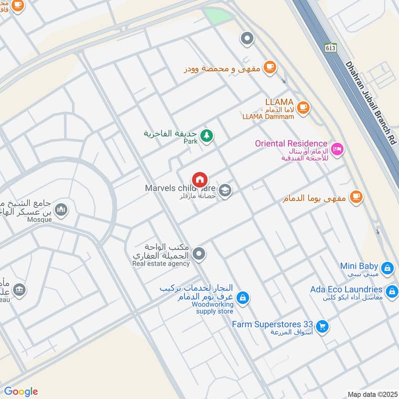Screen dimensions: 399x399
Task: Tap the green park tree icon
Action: pyautogui.click(x=206, y=135)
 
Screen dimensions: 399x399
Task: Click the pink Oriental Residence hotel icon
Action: pyautogui.click(x=337, y=149)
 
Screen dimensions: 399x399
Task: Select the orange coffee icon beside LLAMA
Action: pyautogui.click(x=303, y=106)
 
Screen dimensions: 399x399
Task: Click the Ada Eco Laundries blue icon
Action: pyautogui.click(x=392, y=290)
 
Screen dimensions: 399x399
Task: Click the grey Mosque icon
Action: pyautogui.click(x=61, y=209)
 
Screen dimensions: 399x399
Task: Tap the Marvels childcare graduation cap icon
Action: pyautogui.click(x=225, y=191)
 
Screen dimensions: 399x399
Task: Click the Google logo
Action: pyautogui.click(x=21, y=392)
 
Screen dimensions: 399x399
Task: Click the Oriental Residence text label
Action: pyautogui.click(x=291, y=144)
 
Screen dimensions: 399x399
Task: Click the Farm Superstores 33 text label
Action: pyautogui.click(x=272, y=324)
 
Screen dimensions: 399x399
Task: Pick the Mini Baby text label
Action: pyautogui.click(x=359, y=266)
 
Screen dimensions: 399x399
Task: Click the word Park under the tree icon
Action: pyautogui.click(x=190, y=142)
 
